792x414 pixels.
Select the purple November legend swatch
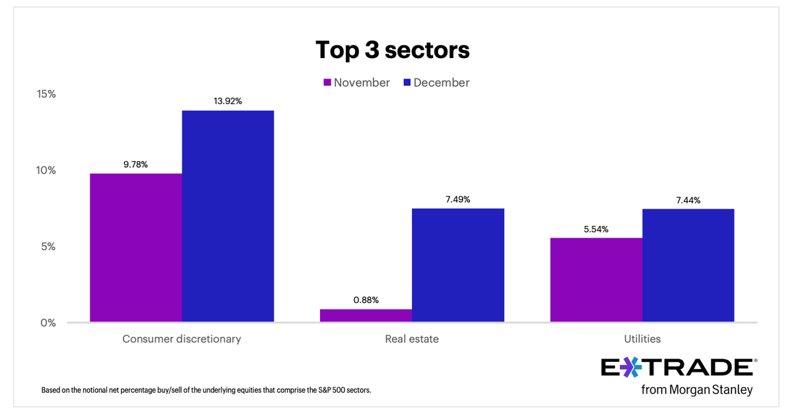point(327,83)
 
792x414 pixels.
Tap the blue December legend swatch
point(407,83)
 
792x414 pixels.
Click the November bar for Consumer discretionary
point(136,248)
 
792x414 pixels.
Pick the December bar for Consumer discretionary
point(228,217)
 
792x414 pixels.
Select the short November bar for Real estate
point(366,316)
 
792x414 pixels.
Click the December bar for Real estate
point(457,265)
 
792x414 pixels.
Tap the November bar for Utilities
point(596,280)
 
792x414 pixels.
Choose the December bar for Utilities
point(688,265)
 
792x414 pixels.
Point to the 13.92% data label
point(228,101)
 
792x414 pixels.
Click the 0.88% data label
point(366,300)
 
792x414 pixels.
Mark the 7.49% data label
point(457,199)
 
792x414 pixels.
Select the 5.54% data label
point(596,229)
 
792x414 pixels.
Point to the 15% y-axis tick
point(46,94)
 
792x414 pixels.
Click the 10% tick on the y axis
point(46,170)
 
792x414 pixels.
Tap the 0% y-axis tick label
point(48,323)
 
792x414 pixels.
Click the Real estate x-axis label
point(412,339)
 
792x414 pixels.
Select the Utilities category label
point(642,339)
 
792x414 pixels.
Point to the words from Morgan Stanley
point(696,390)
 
